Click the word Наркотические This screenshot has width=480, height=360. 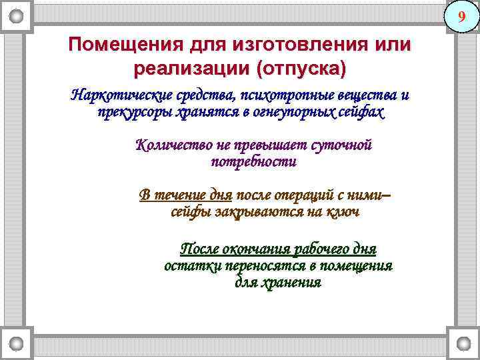point(121,95)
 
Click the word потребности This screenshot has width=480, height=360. point(253,162)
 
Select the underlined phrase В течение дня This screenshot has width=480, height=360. point(185,195)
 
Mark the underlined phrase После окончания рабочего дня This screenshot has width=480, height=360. point(279,249)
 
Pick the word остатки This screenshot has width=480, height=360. point(193,266)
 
